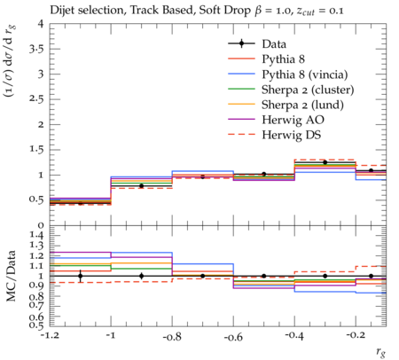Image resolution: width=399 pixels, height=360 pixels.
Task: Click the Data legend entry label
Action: [x=274, y=44]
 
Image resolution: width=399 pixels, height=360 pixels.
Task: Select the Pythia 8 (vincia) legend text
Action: [x=305, y=74]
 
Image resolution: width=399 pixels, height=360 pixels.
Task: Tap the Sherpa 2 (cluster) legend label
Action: [x=308, y=90]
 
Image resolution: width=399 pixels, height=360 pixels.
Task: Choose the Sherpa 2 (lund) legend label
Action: [x=302, y=105]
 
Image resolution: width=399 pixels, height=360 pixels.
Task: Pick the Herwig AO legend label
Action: [x=293, y=120]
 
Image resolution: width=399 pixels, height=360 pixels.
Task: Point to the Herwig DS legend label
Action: [x=292, y=135]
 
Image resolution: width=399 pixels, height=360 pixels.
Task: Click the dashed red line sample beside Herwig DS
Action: [x=241, y=135]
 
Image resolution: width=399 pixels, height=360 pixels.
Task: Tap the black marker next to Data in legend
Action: [x=241, y=43]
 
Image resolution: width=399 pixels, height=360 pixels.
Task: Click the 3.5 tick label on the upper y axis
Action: [x=36, y=49]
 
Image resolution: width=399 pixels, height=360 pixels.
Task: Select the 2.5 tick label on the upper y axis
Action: [x=36, y=98]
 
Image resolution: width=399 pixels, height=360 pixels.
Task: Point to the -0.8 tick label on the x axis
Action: [x=172, y=336]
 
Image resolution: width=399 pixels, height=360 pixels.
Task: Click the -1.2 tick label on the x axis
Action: [x=50, y=336]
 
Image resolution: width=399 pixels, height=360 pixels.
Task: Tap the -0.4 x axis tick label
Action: [x=294, y=336]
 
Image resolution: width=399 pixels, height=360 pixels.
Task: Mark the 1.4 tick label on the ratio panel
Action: [x=36, y=236]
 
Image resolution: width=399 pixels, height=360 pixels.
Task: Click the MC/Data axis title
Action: [x=11, y=276]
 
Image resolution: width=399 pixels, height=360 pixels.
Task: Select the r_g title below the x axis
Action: [x=380, y=352]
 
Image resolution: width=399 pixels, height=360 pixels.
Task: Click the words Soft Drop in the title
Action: [x=224, y=11]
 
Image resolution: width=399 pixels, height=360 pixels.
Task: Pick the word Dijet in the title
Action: [x=60, y=11]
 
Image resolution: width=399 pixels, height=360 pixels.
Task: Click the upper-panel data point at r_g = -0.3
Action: [x=325, y=162]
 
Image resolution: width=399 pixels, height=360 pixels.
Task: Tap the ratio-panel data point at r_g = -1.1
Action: [x=80, y=276]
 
